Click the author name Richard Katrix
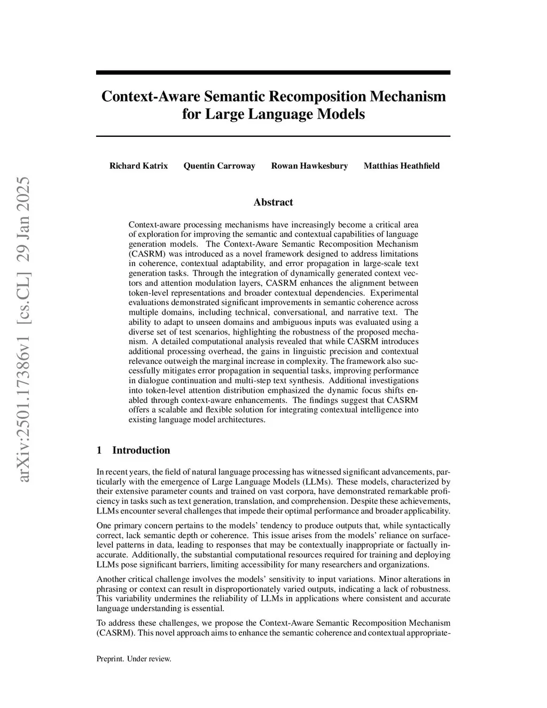pos(138,166)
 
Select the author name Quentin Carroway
pos(219,166)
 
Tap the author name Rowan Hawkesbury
pos(309,166)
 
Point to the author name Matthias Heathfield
pos(402,166)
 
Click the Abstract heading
pos(273,202)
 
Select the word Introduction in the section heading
pos(141,450)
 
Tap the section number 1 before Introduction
pos(99,450)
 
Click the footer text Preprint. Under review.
pos(134,658)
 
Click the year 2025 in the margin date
pos(24,194)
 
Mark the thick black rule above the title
pos(273,73)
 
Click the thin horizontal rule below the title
pos(273,136)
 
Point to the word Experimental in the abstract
pos(394,293)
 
